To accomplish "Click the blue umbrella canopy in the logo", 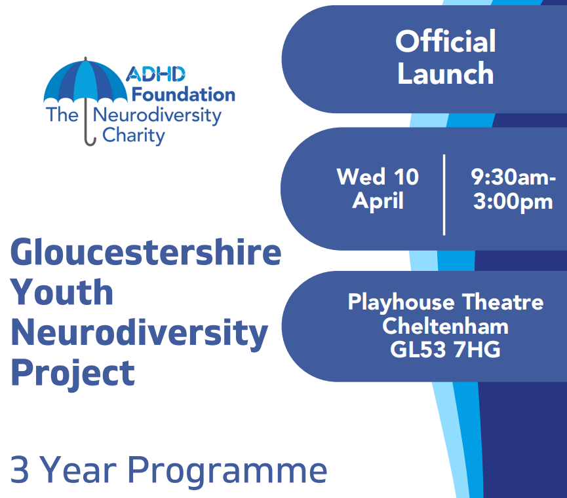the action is click(85, 81).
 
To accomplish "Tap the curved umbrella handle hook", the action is click(90, 141).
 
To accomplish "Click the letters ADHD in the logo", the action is click(155, 74).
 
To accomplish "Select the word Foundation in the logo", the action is click(184, 95).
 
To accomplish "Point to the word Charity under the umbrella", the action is click(134, 135).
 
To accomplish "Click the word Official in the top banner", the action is click(446, 41).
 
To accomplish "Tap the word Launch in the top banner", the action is click(446, 74).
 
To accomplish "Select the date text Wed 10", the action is click(378, 177).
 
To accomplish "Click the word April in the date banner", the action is click(378, 201).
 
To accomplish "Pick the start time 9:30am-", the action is click(513, 177).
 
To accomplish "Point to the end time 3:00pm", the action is click(513, 202).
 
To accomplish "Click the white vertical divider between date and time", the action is click(444, 195).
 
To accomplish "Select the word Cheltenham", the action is click(446, 326).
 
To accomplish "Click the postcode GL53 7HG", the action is click(446, 349).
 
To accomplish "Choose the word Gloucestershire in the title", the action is click(146, 252).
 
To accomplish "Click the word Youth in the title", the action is click(62, 292).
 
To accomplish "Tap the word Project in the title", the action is click(73, 374).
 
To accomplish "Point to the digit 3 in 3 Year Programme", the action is click(20, 469).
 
